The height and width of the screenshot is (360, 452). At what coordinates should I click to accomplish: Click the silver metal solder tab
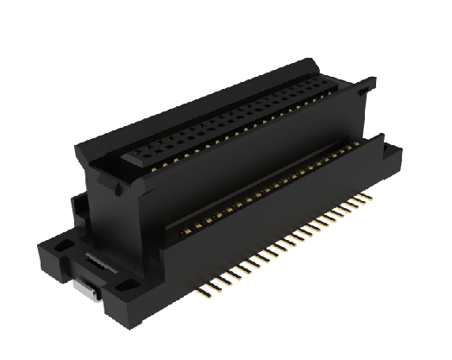pyautogui.click(x=85, y=289)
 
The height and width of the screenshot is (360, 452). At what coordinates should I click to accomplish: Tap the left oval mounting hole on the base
pyautogui.click(x=62, y=248)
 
